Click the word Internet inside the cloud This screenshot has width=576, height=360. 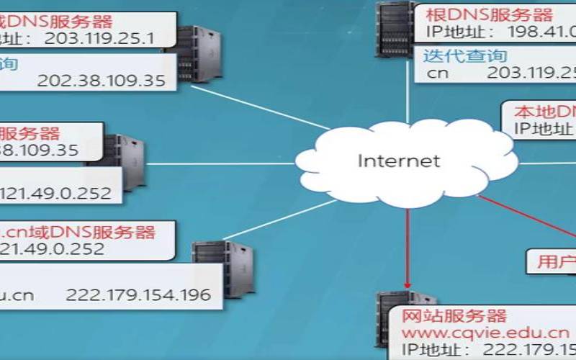tap(398, 160)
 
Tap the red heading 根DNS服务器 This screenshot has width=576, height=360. tap(488, 14)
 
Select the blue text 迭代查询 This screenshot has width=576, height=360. tap(465, 55)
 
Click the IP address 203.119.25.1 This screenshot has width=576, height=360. tap(99, 38)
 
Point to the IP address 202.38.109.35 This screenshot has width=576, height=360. tap(101, 80)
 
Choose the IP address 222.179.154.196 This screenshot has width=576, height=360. tap(138, 294)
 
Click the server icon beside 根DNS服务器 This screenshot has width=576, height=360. tap(392, 29)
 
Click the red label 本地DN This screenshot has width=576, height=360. tap(545, 112)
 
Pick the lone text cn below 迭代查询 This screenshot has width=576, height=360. tap(438, 73)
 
